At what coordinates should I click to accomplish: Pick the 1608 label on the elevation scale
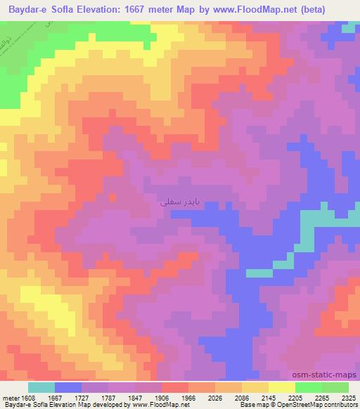28,397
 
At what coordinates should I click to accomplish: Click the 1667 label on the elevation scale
56,397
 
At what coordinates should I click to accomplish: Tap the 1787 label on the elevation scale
109,397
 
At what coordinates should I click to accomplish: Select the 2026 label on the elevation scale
216,397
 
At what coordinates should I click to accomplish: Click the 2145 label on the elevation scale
269,397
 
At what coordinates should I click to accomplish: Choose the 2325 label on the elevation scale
349,397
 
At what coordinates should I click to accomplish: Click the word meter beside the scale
10,397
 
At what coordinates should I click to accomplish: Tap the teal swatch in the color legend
41,387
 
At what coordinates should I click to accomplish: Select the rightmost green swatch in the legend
335,387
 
